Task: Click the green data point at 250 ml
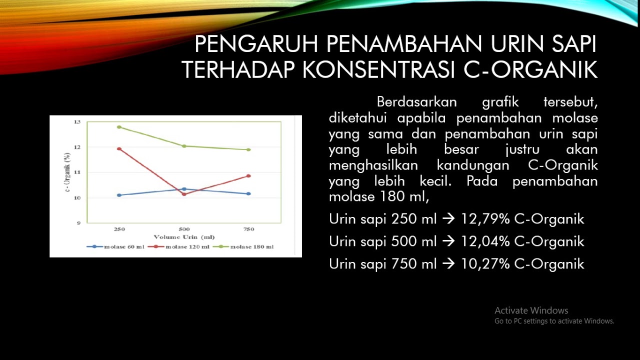point(119,127)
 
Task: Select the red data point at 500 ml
point(184,194)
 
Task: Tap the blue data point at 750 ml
point(248,193)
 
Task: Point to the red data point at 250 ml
point(119,148)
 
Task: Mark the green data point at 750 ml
point(248,149)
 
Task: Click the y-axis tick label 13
point(77,122)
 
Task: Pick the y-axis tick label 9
point(78,223)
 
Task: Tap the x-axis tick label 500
point(184,229)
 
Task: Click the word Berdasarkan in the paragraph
point(416,102)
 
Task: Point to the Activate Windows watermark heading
point(531,310)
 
